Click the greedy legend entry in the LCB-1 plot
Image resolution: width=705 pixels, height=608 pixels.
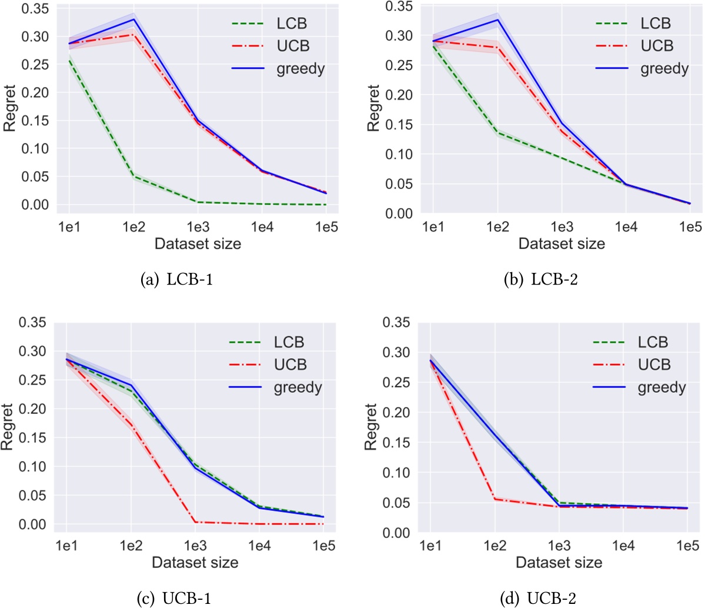[300, 69]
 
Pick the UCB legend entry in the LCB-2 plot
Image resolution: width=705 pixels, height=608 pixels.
[657, 46]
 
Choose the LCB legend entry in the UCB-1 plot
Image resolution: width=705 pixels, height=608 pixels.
[289, 342]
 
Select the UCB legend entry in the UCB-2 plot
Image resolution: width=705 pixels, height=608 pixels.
[654, 365]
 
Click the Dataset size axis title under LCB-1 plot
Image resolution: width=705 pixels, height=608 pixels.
[198, 243]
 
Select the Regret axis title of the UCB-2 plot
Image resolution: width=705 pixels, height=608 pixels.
[370, 427]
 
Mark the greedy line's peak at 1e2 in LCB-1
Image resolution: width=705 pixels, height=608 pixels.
[134, 19]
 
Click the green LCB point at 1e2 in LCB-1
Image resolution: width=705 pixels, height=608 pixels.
[134, 176]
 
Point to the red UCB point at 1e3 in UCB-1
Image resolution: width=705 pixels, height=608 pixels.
[195, 522]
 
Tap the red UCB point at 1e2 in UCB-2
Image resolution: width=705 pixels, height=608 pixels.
[495, 499]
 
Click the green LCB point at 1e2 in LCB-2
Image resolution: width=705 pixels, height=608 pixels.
[497, 133]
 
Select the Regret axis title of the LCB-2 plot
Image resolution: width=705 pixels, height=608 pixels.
[373, 108]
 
